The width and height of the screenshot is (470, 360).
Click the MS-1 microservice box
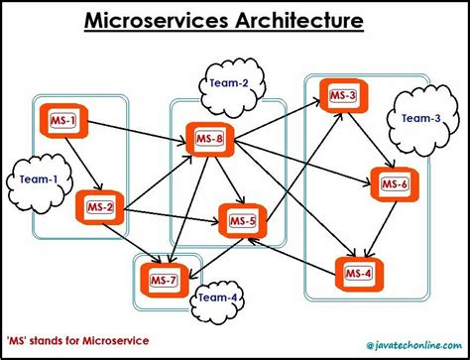pyautogui.click(x=61, y=122)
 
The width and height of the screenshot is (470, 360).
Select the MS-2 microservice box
pyautogui.click(x=100, y=207)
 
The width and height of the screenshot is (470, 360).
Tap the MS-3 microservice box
pyautogui.click(x=343, y=95)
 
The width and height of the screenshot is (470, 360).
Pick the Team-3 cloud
pyautogui.click(x=420, y=118)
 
